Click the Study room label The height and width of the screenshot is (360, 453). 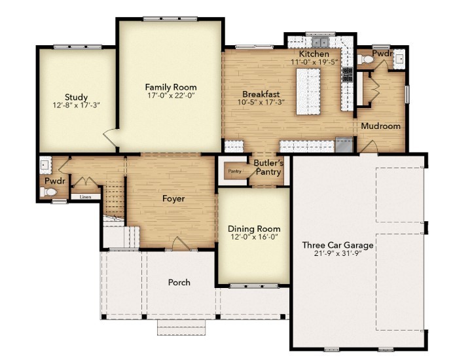[77, 98]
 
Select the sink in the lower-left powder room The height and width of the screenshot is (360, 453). [45, 164]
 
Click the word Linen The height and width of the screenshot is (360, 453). [85, 196]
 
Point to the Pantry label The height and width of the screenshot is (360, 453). [234, 171]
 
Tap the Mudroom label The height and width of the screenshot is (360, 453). [380, 126]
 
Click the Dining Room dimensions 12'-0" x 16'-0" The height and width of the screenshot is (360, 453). [254, 238]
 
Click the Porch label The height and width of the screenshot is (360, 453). [179, 282]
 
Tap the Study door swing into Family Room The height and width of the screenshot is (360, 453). [111, 137]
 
